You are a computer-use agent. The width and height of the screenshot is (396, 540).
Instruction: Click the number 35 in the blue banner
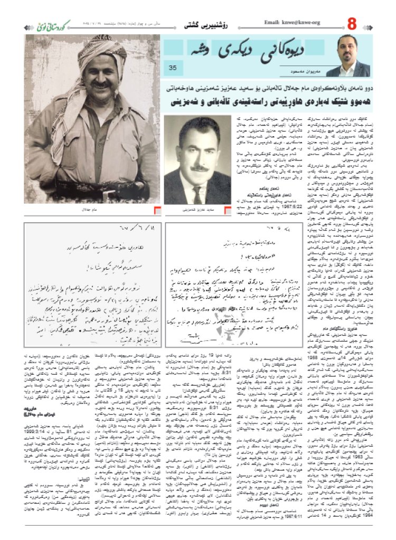click(173, 68)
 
